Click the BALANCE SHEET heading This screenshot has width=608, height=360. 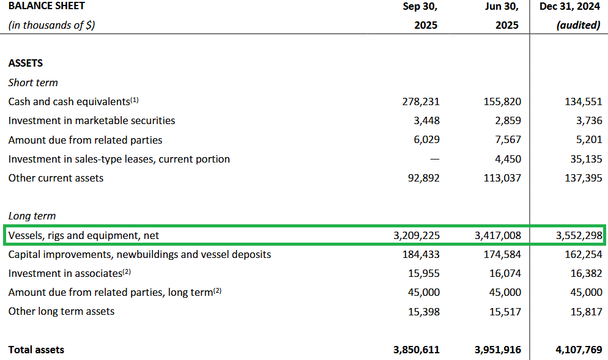[46, 6]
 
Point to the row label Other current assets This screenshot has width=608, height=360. [56, 178]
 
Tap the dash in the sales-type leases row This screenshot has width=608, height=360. [434, 160]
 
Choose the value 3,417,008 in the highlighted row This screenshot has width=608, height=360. [497, 235]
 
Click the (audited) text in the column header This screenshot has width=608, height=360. [578, 26]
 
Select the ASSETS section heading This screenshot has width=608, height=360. [26, 64]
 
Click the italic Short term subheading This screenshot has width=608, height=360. [33, 83]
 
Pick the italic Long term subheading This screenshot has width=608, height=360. [32, 216]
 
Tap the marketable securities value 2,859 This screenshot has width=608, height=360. [508, 121]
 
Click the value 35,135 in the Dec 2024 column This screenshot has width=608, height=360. [585, 160]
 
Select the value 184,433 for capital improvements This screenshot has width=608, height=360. [423, 254]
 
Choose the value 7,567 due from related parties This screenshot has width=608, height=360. [508, 140]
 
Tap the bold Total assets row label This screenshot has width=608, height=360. [36, 350]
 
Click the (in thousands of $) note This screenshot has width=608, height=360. [52, 26]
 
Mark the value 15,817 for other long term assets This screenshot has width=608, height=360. [585, 312]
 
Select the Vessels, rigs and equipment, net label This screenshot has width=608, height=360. [84, 235]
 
